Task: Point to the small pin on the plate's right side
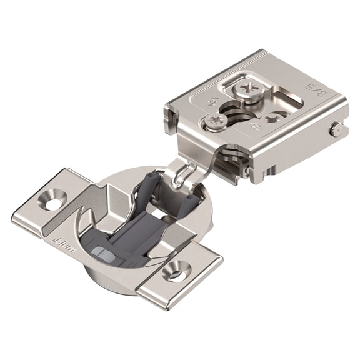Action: coord(336,129)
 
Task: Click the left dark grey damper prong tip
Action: coord(149,179)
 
